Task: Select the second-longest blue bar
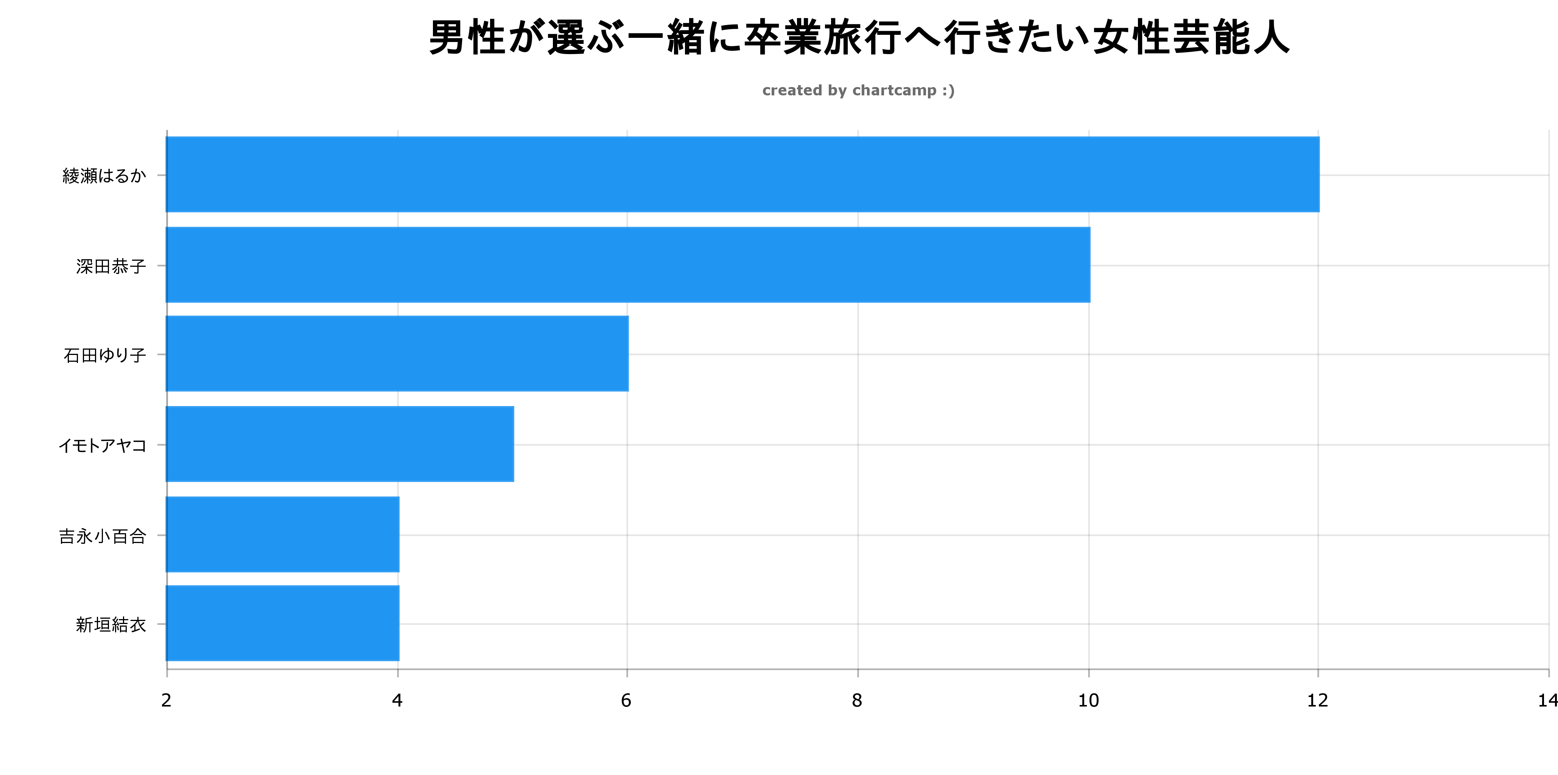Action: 628,265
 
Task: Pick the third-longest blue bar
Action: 397,353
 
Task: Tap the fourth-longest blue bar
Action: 340,444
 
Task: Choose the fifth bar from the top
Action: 282,534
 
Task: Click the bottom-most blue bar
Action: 282,623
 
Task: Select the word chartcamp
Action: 894,91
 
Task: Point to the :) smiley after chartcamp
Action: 948,91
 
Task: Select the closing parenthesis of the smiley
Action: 952,91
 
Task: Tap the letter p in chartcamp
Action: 931,92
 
